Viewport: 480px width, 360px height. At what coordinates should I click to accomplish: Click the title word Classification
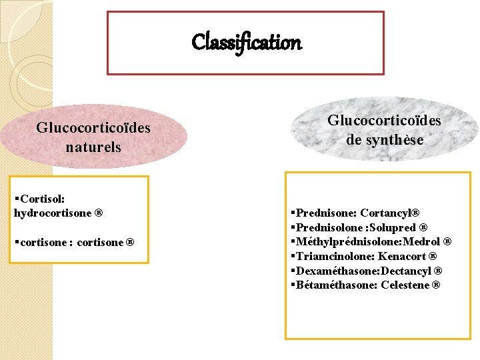pyautogui.click(x=246, y=43)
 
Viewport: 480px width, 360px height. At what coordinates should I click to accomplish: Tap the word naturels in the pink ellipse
pyautogui.click(x=93, y=147)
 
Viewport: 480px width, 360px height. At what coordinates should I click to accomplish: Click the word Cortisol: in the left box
pyautogui.click(x=43, y=199)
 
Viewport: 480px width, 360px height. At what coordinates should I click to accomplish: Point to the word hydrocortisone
pyautogui.click(x=52, y=213)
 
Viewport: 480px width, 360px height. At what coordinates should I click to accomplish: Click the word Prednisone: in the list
pyautogui.click(x=325, y=213)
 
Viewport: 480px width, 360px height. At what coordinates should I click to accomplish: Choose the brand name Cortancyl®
pyautogui.click(x=390, y=213)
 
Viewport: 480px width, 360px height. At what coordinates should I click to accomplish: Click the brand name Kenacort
pyautogui.click(x=404, y=257)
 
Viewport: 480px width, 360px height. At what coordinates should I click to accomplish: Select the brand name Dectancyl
pyautogui.click(x=407, y=271)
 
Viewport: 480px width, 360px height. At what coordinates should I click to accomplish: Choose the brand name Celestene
pyautogui.click(x=405, y=285)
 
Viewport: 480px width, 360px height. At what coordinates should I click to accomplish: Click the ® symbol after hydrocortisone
pyautogui.click(x=99, y=214)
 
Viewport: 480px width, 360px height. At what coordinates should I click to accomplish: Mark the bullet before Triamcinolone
pyautogui.click(x=293, y=257)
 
